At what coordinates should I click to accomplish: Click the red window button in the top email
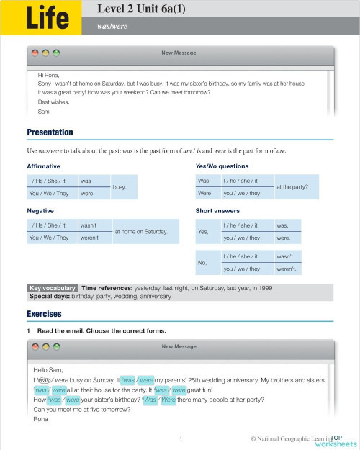pos(34,53)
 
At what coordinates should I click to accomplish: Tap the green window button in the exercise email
pos(56,346)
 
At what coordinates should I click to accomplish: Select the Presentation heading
pos(50,132)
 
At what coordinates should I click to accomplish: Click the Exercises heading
pos(44,315)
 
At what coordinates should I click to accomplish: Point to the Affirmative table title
pos(43,166)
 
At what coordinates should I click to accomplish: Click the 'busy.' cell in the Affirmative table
pos(120,187)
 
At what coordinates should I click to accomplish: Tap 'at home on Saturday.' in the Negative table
pos(141,231)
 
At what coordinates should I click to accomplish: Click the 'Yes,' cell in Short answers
pos(203,231)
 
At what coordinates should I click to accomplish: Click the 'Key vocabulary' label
pos(53,287)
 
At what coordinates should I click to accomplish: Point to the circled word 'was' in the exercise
pos(42,379)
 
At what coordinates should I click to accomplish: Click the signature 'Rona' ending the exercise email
pos(41,420)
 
